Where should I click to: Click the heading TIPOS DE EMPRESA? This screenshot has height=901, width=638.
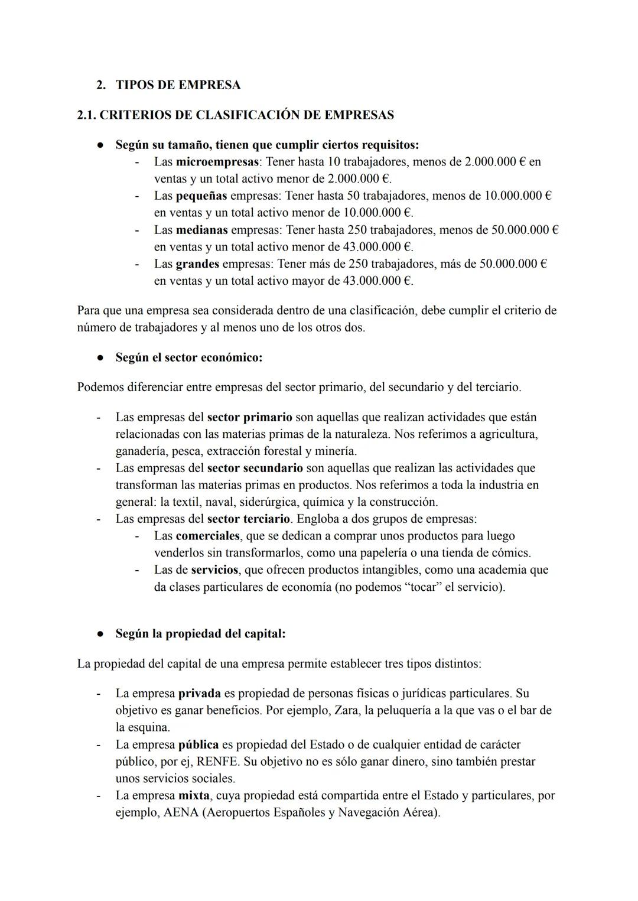click(178, 85)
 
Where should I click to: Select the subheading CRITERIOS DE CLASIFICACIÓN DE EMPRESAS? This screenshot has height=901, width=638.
click(236, 115)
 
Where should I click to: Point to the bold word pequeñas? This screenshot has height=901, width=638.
click(201, 196)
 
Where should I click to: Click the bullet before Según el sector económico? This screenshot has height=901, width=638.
click(101, 358)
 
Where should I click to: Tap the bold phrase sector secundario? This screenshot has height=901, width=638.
click(255, 469)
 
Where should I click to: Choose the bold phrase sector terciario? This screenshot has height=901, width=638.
click(248, 519)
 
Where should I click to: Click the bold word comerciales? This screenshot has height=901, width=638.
click(208, 536)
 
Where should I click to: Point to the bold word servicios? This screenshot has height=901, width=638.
click(214, 570)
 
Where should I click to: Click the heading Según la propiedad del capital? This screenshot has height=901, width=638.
click(200, 634)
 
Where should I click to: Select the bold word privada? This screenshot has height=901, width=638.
click(199, 694)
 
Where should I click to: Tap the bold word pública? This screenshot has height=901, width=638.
click(198, 745)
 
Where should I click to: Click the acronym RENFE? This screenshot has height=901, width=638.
click(220, 762)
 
